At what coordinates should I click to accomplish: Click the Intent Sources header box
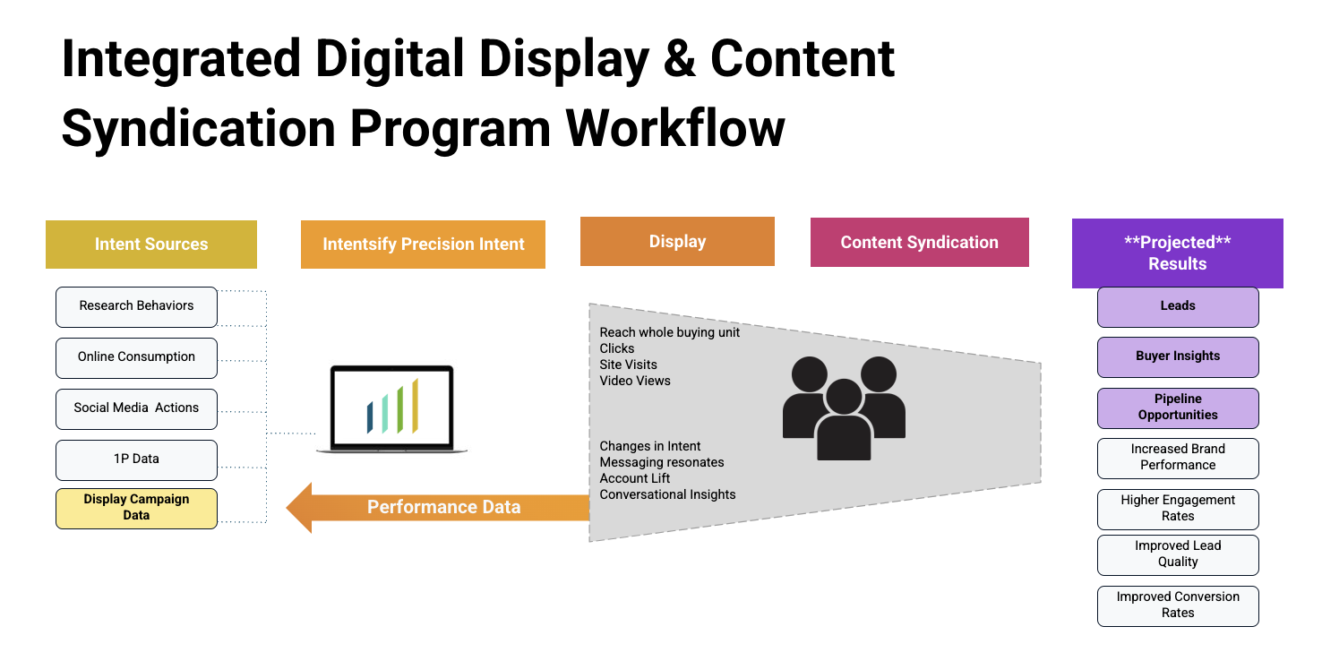(x=151, y=245)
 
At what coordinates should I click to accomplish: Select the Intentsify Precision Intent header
(x=423, y=245)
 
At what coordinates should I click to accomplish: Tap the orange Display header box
(x=677, y=242)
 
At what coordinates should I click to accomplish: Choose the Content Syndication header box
(x=920, y=242)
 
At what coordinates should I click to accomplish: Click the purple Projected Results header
(x=1178, y=253)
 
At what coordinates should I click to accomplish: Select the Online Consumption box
(x=136, y=357)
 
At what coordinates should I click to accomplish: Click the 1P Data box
(x=136, y=459)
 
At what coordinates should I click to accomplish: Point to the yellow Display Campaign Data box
(x=136, y=508)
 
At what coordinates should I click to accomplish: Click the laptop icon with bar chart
(x=392, y=409)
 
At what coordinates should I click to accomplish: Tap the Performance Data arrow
(x=438, y=508)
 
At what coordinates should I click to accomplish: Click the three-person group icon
(x=844, y=408)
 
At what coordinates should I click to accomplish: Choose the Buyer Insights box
(x=1178, y=357)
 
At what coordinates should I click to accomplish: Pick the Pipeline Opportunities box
(x=1178, y=408)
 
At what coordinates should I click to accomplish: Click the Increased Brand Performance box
(x=1178, y=458)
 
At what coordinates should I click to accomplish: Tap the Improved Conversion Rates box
(x=1178, y=605)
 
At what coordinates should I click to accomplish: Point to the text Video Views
(x=635, y=381)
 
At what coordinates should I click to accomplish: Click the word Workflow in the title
(x=675, y=128)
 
